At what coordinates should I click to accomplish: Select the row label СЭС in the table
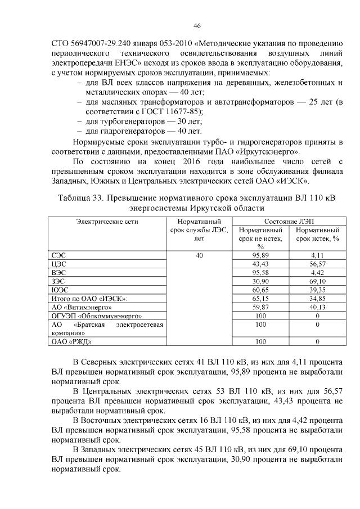tap(58, 255)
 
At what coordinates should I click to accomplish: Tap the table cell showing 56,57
tap(317, 263)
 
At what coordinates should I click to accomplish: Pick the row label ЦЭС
tap(58, 263)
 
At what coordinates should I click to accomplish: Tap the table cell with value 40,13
tap(317, 308)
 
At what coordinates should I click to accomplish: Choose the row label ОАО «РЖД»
tap(71, 341)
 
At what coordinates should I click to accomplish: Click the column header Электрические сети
tap(107, 222)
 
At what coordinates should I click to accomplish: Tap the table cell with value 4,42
tap(317, 272)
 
